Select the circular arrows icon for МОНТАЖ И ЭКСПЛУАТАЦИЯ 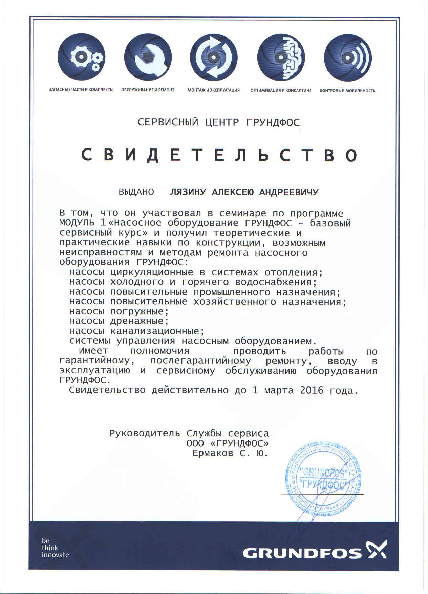coord(214,58)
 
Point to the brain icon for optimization coord(281,58)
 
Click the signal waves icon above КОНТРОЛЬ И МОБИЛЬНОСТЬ coord(347,58)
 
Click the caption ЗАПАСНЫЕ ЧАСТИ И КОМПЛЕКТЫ coord(81,90)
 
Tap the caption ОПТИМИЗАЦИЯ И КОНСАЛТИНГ coord(281,91)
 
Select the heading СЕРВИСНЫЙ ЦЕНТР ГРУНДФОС coord(219,122)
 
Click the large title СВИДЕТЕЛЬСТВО coord(219,155)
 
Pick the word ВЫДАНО coord(136,192)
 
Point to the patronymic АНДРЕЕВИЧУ coord(288,192)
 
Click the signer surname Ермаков coord(213,453)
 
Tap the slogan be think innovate coord(55,548)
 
